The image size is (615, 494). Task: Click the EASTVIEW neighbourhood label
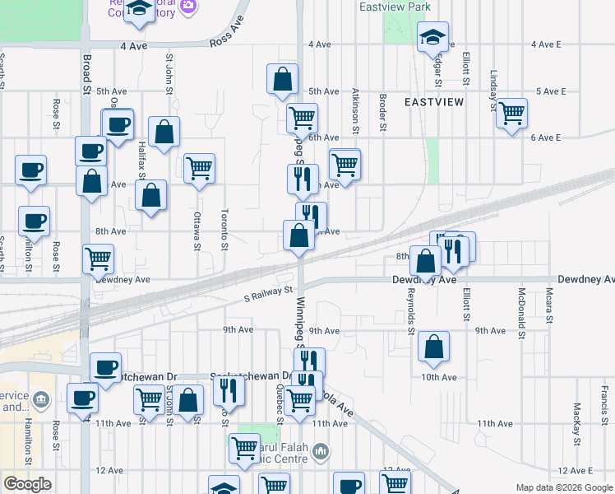click(434, 101)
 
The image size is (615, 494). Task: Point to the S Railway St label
click(269, 291)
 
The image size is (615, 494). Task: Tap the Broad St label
click(86, 68)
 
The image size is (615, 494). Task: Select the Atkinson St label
click(355, 112)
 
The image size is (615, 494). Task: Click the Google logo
click(27, 484)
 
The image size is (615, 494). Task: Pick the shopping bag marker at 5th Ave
click(282, 79)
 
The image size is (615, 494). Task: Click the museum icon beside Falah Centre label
click(321, 450)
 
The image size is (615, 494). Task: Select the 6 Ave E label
click(545, 137)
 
